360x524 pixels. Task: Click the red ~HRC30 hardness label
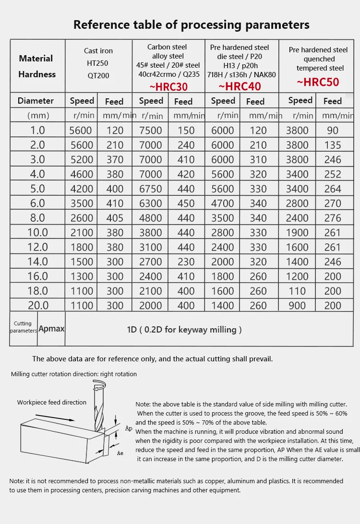[168, 87]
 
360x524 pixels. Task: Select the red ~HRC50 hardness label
[318, 82]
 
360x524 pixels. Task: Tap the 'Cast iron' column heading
[98, 51]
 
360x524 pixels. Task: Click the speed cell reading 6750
[151, 189]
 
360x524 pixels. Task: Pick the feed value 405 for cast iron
[115, 218]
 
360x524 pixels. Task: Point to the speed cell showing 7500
[151, 131]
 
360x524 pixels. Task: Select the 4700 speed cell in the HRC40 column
[223, 203]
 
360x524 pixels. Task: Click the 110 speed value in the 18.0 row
[297, 291]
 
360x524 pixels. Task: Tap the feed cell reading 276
[332, 218]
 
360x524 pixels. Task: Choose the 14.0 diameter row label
[38, 262]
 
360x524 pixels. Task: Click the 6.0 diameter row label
[37, 203]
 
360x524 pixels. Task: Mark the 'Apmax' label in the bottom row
[51, 329]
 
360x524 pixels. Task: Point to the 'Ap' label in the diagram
[128, 428]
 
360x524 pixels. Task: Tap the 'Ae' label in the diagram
[120, 453]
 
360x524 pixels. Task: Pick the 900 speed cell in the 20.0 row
[298, 305]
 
